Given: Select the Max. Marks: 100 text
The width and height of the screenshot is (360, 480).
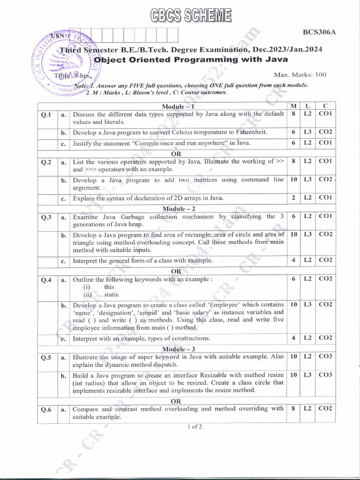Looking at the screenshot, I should pyautogui.click(x=300, y=75).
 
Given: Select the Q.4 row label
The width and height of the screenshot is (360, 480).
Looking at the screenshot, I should pyautogui.click(x=46, y=280).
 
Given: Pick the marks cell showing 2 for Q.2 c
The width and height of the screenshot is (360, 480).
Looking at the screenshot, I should pyautogui.click(x=293, y=198).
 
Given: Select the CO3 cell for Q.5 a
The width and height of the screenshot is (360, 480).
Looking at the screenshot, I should pyautogui.click(x=325, y=357).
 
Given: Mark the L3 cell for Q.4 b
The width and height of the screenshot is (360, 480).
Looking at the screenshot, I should pyautogui.click(x=307, y=304).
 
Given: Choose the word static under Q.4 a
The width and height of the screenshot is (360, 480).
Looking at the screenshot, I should pyautogui.click(x=112, y=294).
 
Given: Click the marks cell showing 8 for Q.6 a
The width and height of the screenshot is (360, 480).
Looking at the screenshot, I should pyautogui.click(x=293, y=408).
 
